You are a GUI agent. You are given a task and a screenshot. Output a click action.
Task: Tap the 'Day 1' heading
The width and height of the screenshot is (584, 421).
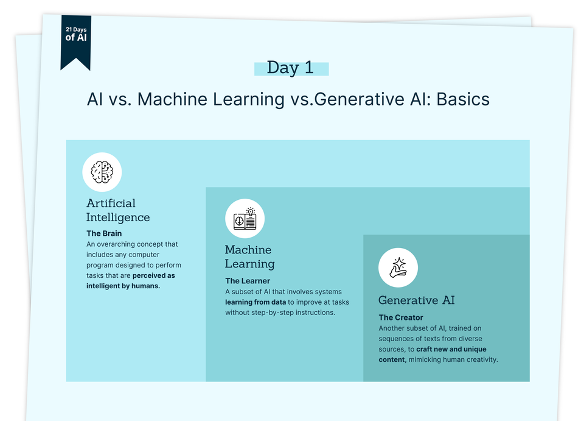tap(291, 68)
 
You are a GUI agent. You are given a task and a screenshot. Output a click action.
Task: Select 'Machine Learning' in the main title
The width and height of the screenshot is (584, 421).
tap(210, 99)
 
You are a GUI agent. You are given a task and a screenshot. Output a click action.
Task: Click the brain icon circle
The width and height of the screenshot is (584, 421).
tap(102, 172)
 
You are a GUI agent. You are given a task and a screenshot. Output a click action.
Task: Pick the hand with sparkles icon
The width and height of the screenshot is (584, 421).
tap(398, 267)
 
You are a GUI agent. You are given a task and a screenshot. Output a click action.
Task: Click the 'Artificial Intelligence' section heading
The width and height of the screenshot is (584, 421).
tap(117, 210)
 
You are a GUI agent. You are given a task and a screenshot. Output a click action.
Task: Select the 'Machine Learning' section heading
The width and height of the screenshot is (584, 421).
tap(249, 256)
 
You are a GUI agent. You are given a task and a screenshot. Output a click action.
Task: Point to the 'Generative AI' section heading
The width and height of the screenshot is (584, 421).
tap(416, 300)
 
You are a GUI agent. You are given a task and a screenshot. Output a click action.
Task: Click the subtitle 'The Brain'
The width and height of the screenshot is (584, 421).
tap(104, 233)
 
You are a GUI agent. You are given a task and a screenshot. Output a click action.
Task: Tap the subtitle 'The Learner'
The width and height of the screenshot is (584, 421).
tap(248, 281)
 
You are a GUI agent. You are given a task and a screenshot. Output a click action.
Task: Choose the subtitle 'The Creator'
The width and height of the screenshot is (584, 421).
tap(401, 317)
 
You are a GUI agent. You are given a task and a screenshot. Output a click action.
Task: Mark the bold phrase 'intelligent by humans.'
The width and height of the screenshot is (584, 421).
tap(123, 286)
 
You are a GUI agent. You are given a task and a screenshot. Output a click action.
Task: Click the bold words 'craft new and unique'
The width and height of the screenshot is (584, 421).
tap(451, 350)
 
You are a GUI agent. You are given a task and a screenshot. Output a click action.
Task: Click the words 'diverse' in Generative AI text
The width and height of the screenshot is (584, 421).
tap(468, 339)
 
